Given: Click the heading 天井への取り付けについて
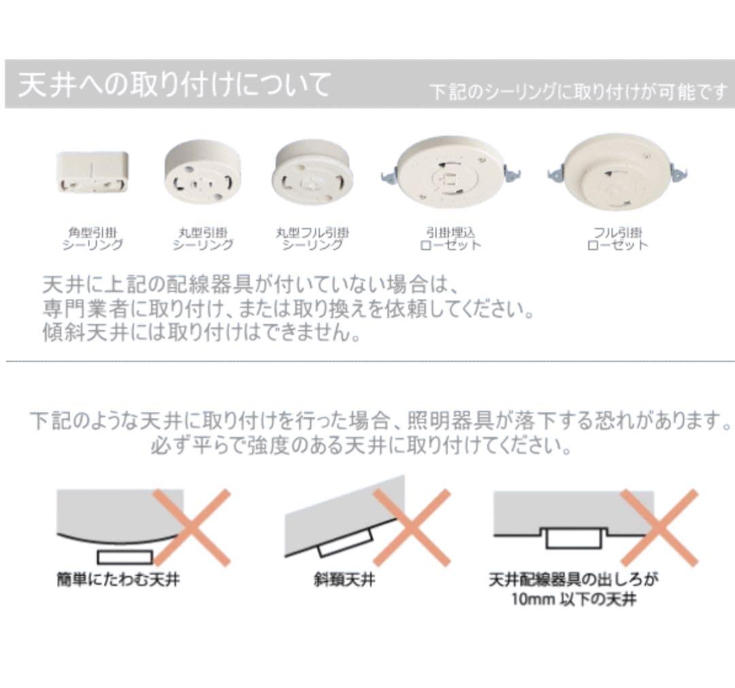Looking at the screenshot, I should tap(174, 85).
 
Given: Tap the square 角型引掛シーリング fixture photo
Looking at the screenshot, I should tap(92, 173).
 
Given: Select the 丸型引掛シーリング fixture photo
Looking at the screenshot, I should tap(201, 171).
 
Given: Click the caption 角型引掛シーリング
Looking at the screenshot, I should tap(93, 239).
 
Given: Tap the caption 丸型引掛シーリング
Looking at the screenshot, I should tap(202, 239).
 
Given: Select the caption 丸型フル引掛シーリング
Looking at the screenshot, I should tap(312, 239).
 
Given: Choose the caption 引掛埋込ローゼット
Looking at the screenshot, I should tap(450, 239).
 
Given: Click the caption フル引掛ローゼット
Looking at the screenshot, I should tap(617, 239).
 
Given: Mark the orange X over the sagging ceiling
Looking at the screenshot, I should tap(192, 528).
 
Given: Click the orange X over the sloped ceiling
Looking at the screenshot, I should tap(412, 528).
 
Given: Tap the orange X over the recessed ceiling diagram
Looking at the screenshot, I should tap(659, 528).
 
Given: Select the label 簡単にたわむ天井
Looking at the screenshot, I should tap(118, 581).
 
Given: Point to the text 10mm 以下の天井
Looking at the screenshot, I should tap(574, 601).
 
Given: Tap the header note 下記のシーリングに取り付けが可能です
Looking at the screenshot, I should tap(578, 92).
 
